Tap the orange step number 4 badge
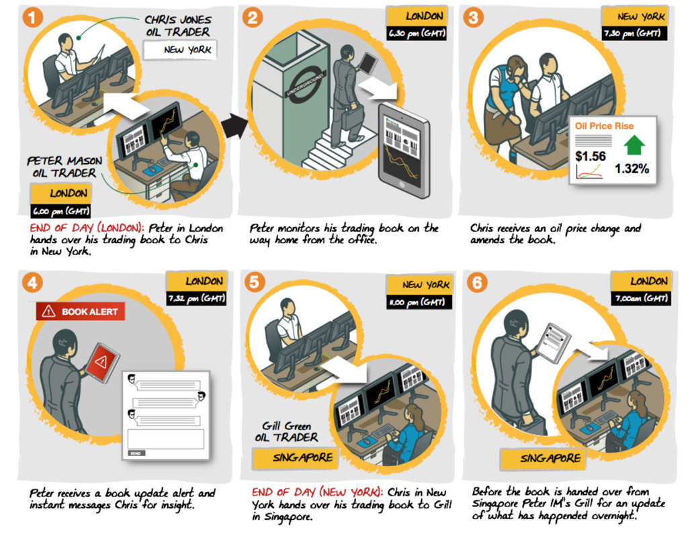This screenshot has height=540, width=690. tap(32, 281)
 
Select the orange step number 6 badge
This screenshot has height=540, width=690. tap(476, 283)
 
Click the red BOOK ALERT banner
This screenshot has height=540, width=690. tap(81, 311)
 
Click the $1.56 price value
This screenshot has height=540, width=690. tap(591, 156)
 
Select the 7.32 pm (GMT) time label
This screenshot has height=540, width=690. tap(196, 299)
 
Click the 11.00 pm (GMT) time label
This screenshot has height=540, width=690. tap(418, 302)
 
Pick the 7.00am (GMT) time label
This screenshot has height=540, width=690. tap(640, 299)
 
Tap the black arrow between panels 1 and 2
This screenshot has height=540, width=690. tap(234, 126)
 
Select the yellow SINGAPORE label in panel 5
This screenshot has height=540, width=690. tap(293, 458)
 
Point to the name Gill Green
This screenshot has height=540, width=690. tap(288, 425)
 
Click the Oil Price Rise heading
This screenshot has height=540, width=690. tap(604, 126)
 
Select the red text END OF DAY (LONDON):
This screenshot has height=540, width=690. tap(87, 228)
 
